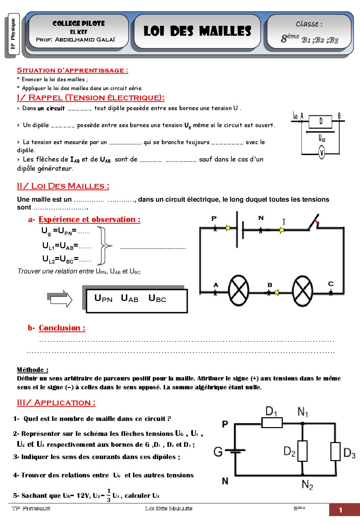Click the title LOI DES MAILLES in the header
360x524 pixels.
197,31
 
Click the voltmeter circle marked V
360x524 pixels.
322,152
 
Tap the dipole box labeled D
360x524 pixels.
320,121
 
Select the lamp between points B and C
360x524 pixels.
302,291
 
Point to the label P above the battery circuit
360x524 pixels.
214,218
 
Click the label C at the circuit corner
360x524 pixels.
331,284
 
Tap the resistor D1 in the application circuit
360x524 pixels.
272,423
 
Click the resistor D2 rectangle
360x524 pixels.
302,451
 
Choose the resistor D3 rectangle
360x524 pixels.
336,451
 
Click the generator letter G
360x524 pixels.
218,452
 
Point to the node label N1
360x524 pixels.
302,412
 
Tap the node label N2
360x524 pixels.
307,484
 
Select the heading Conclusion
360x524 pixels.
62,328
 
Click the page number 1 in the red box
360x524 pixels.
341,510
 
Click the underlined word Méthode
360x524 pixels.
32,370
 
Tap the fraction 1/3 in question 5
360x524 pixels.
109,495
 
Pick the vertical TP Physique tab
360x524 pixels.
13,34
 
